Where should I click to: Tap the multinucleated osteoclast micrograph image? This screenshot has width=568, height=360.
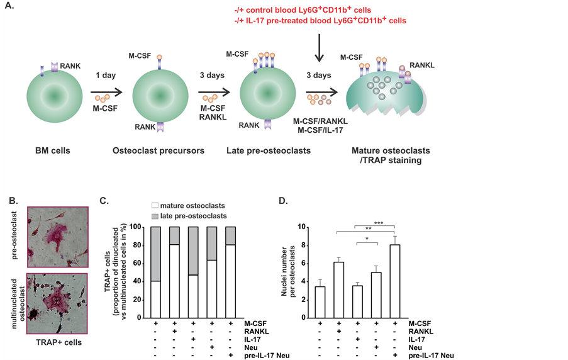53,300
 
